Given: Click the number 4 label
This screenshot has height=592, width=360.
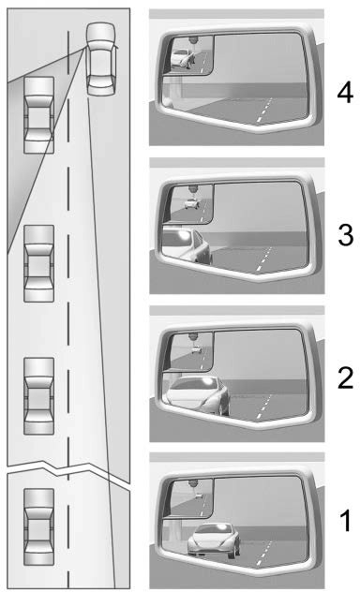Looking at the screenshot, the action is point(345,94).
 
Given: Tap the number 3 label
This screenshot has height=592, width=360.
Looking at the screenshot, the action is point(345,234).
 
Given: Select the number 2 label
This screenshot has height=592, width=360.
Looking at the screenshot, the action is point(345,377).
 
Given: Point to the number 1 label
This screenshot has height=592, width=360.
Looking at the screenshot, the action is point(346,521).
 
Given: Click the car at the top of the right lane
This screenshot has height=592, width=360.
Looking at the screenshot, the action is point(101,58).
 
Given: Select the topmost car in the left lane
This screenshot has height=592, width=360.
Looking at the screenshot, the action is point(39,115).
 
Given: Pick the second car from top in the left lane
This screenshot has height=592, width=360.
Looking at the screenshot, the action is point(39,263).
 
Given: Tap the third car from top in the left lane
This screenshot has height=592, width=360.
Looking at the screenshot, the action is point(39,395).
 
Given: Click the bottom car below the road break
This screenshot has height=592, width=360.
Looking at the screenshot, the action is point(39,526).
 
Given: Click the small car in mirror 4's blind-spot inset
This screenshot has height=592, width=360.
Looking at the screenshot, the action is point(183,58).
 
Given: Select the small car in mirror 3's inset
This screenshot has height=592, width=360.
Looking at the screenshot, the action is point(191,203).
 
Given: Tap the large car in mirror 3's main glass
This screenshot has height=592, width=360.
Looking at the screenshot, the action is point(186,244).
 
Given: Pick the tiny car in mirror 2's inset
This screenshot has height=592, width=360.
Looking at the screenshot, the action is point(196,349).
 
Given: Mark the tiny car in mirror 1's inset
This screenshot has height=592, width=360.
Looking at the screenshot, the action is point(199,495).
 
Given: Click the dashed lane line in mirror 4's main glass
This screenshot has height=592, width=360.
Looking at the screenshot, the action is point(264,110).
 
